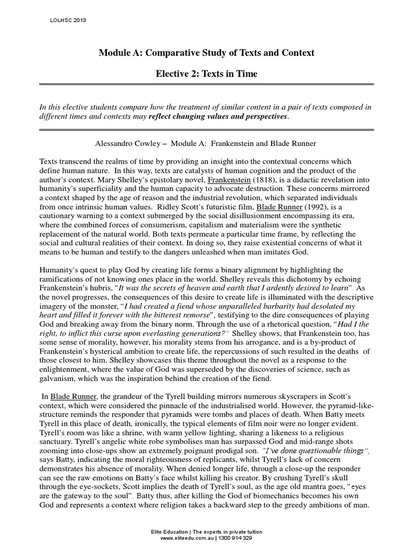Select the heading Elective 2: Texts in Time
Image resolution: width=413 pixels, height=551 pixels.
click(x=206, y=74)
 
